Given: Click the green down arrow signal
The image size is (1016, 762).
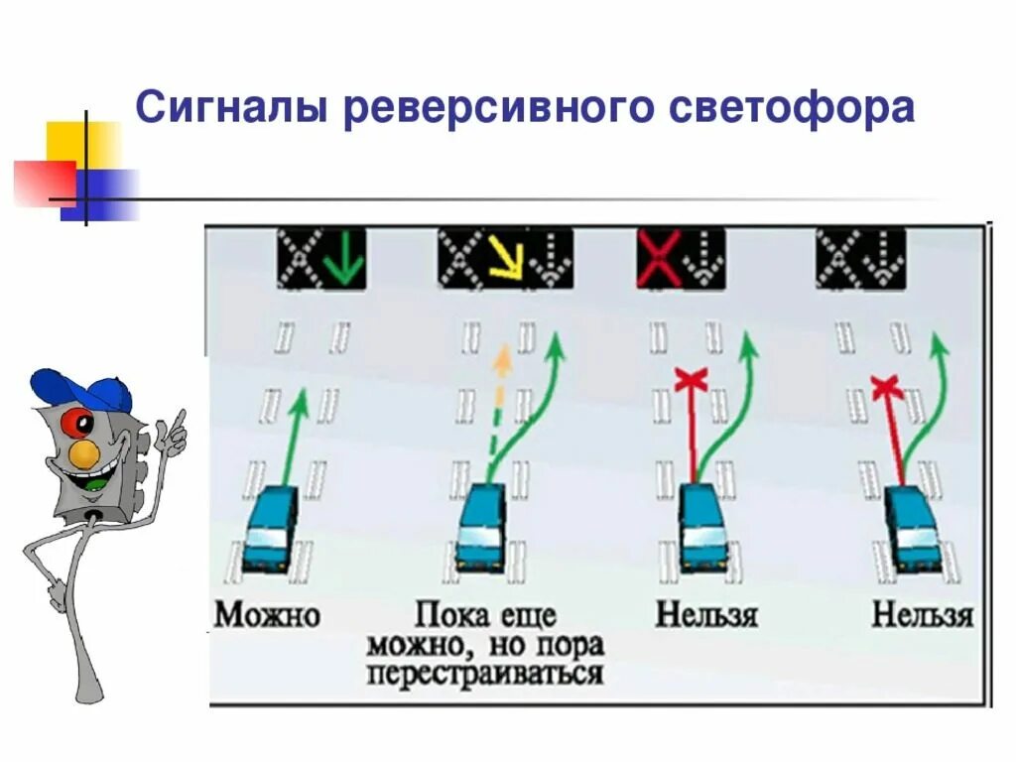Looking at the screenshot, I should point(345,256).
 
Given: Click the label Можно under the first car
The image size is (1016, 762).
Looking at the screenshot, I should point(268,615).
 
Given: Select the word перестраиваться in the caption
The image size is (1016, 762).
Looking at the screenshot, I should point(485,675).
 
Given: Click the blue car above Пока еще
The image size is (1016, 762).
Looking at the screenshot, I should point(481,529).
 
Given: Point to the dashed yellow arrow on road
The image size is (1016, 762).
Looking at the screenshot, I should point(498,407).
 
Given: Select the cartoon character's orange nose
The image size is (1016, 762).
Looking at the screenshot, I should point(85,454).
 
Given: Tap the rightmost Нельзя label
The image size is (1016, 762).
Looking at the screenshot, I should point(922,615).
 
